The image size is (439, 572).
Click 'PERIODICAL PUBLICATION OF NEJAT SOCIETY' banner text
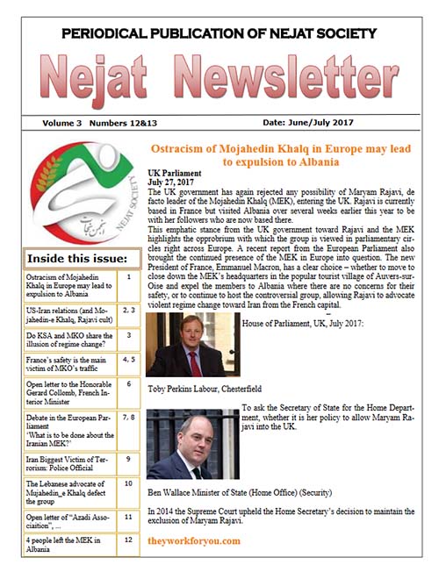coord(219,34)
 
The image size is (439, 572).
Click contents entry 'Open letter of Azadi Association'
coord(65,518)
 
